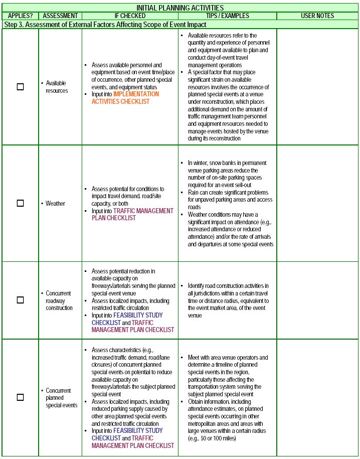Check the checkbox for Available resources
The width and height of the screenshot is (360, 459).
[x=20, y=87]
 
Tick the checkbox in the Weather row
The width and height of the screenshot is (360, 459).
[x=20, y=203]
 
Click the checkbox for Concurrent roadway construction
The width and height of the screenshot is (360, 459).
[x=20, y=300]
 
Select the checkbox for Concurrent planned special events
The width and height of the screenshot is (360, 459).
[x=20, y=397]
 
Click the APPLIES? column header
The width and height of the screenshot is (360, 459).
[x=20, y=16]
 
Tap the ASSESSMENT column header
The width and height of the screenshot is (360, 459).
[x=60, y=16]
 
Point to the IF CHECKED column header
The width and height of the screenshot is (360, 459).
[x=130, y=16]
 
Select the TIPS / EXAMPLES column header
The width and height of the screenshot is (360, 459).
[x=227, y=16]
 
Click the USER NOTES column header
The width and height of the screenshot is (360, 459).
[x=317, y=16]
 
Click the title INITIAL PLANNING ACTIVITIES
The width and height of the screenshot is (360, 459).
[x=180, y=8]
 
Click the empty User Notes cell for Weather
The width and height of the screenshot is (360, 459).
[x=317, y=203]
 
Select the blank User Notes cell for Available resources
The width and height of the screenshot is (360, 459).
[x=317, y=87]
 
